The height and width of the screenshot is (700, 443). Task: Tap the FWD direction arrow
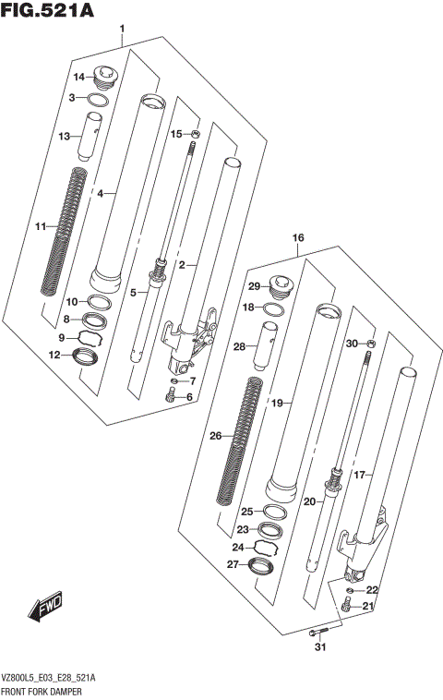tap(43, 608)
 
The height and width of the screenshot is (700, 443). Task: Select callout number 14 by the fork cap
tap(78, 77)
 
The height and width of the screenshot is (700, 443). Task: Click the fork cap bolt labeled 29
tap(278, 286)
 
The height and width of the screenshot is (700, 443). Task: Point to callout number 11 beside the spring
tap(39, 227)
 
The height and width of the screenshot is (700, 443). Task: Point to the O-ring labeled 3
tap(102, 98)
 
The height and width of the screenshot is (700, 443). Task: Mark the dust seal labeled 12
tap(88, 355)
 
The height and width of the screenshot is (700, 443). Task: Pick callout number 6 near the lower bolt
tap(190, 397)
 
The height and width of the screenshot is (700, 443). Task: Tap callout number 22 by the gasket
tap(372, 590)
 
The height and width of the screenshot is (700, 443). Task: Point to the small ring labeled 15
tap(193, 136)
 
